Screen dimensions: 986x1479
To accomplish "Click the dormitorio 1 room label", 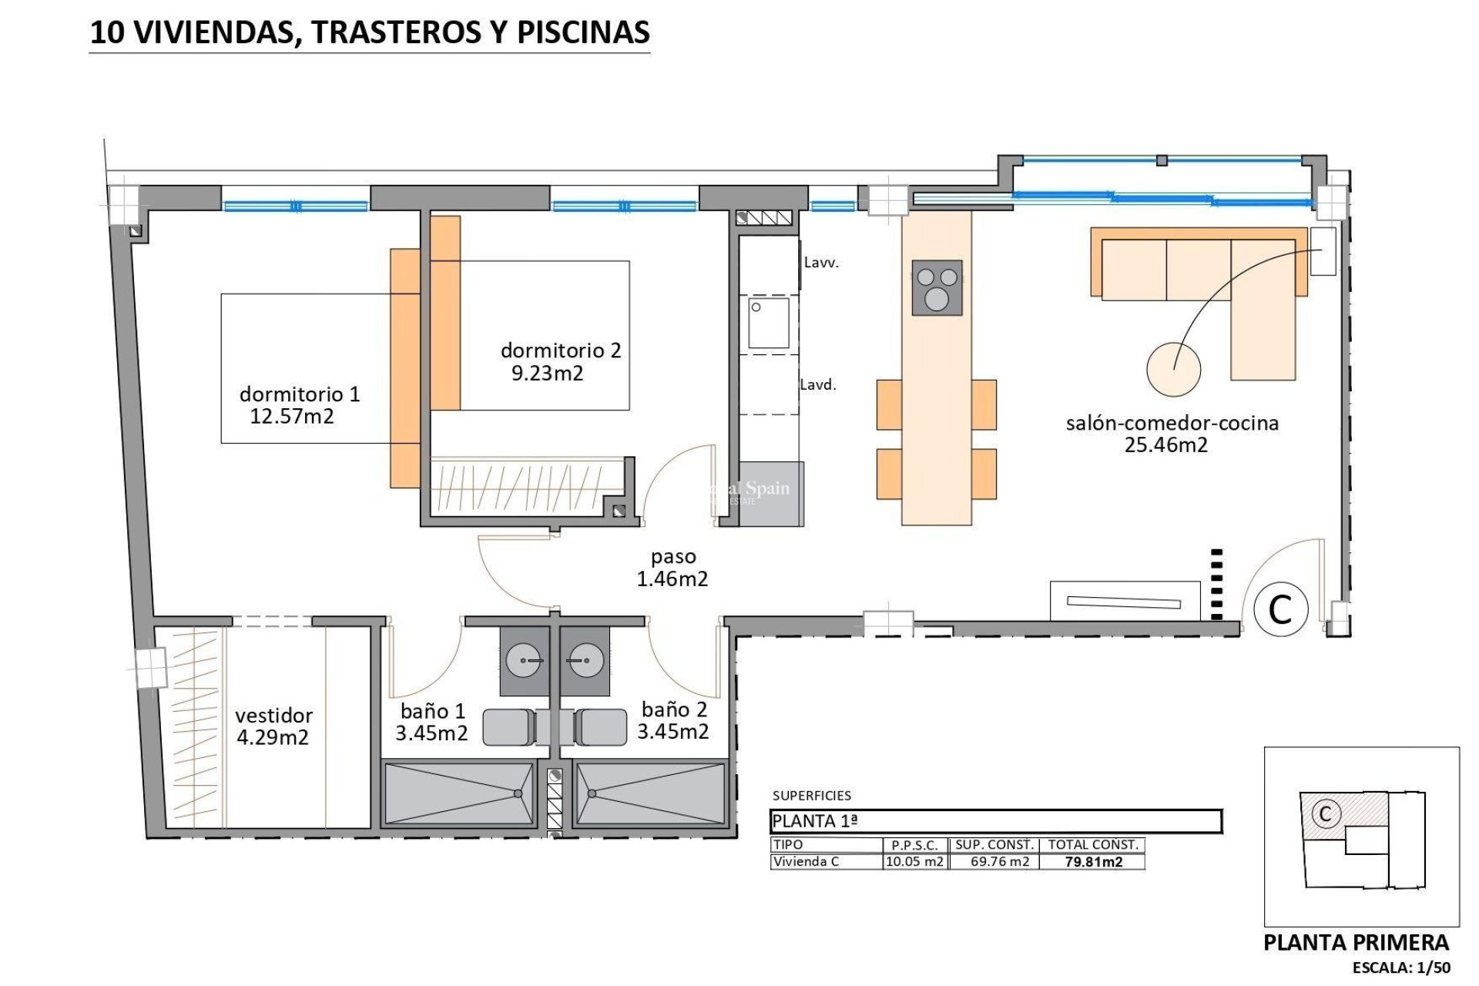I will pos(299,394).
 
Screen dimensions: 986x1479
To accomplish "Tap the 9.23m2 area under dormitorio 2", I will pos(548,374).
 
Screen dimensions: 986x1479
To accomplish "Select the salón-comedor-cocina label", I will pos(1172,423).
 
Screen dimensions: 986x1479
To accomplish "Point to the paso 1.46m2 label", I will pos(672,568).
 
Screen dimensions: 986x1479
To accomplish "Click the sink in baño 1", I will pos(524,660).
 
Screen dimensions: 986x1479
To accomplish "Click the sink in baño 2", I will pos(585,660).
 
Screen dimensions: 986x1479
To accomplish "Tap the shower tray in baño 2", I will pos(649,793).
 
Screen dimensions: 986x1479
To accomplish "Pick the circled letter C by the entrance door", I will pos(1280,609).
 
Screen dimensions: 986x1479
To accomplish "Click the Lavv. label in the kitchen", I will pos(821,263).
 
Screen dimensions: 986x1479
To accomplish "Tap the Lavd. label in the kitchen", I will pos(818,384).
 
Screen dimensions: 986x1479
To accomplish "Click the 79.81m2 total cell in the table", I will pos(1093,862).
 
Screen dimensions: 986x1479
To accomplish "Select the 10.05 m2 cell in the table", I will pos(914,861).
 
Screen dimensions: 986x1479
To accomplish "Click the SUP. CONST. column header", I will pos(994,845).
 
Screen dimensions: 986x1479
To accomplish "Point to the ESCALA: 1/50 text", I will pos(1401,968).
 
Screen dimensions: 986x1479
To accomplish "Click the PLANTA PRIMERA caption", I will pos(1356,942).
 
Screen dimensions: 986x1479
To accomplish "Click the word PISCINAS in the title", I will pos(583,32).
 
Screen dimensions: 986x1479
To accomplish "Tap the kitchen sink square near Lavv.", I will pos(769,324).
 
